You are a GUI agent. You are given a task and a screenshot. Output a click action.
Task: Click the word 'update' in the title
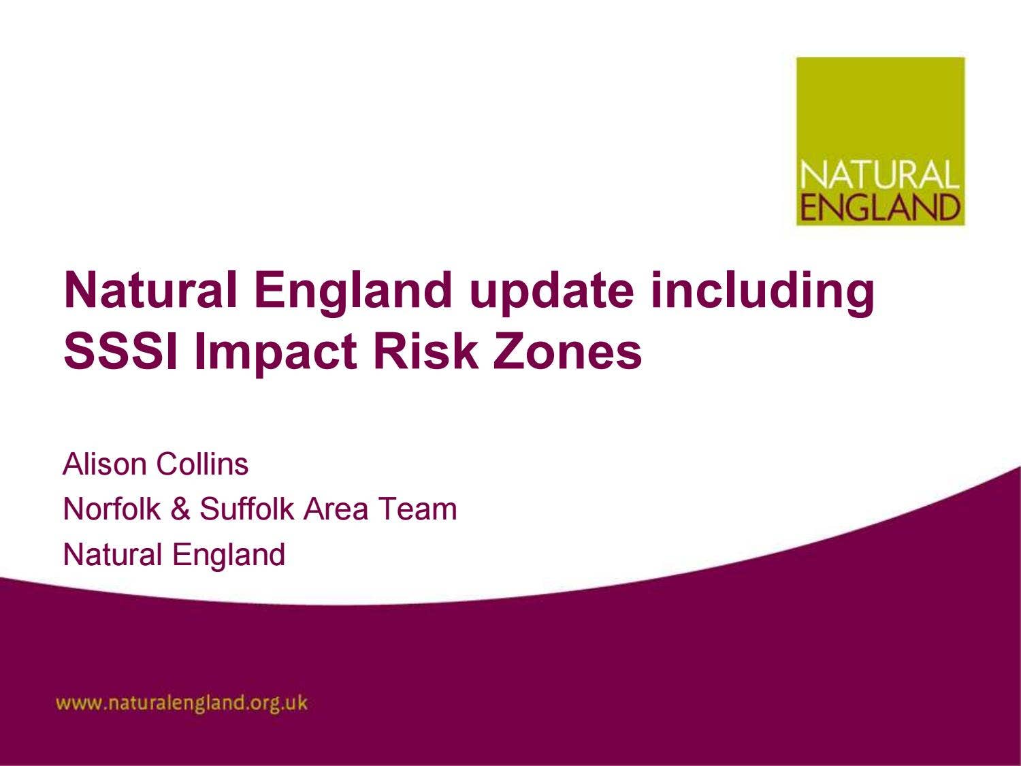(551, 291)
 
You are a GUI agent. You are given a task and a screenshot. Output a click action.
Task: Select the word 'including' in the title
(762, 291)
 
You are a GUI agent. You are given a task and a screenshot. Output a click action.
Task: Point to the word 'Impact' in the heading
(276, 353)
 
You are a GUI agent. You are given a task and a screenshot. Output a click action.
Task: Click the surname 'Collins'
(202, 464)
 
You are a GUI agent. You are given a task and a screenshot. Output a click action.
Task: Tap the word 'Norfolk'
(112, 509)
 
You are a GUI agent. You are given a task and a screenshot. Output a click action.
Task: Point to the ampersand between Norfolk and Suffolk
(180, 509)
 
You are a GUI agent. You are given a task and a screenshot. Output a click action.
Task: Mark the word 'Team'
(417, 509)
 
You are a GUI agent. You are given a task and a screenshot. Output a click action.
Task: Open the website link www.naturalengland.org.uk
(182, 703)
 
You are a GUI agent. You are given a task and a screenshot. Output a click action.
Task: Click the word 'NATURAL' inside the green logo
(879, 175)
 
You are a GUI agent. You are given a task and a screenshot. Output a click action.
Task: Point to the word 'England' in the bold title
(353, 291)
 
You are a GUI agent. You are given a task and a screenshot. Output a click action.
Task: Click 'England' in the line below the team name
(228, 554)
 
